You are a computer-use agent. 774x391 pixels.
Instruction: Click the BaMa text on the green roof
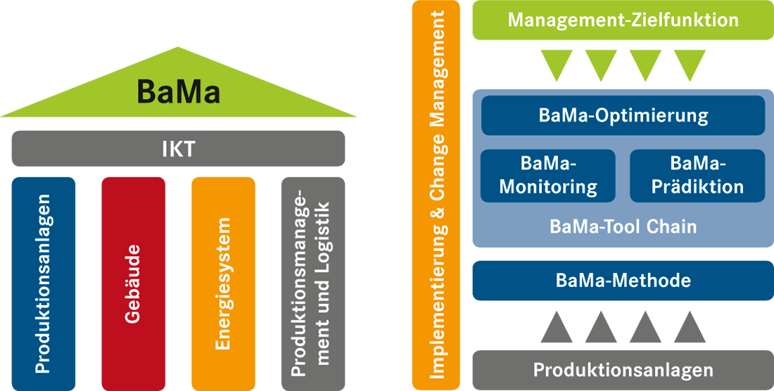(x=178, y=91)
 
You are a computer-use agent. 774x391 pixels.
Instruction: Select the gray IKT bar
(x=178, y=148)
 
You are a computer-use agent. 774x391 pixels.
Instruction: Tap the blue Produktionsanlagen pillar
(x=44, y=283)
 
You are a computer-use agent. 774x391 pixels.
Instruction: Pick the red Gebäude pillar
(x=133, y=283)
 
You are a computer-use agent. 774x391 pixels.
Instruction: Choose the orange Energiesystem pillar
(x=223, y=283)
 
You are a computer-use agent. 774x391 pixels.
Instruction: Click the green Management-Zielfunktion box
(x=623, y=20)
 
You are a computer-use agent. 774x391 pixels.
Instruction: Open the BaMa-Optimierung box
(x=623, y=115)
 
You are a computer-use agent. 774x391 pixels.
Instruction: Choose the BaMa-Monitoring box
(x=548, y=176)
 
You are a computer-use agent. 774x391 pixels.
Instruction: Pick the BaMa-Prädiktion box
(x=697, y=176)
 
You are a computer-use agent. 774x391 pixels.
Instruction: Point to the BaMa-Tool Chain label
(x=623, y=227)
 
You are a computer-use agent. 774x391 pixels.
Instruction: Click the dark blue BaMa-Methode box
(x=623, y=281)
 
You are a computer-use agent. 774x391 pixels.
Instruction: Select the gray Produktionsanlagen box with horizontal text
(x=623, y=370)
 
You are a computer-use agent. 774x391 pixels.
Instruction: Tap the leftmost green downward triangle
(x=557, y=63)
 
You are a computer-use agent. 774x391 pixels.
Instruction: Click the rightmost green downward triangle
(x=690, y=63)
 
